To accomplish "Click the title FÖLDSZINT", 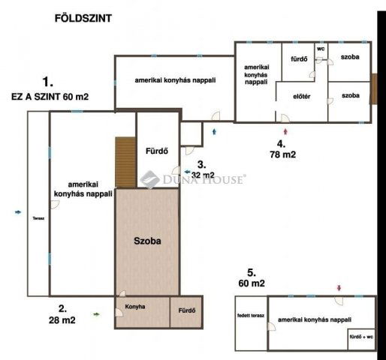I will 83,18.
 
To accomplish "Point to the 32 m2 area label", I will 202,175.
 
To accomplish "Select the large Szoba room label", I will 147,241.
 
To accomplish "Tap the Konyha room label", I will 136,307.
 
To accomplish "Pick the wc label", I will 321,49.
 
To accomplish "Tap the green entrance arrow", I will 96,315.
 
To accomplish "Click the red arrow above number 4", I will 285,130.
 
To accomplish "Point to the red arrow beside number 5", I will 339,287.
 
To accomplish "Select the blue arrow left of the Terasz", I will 18,212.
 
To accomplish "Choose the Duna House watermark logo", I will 194,178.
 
